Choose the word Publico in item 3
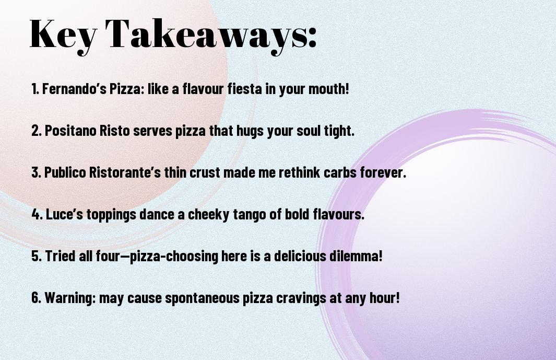tap(65, 172)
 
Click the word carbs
tap(340, 172)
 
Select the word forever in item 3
tap(382, 172)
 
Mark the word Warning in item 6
tap(69, 298)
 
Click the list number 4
tap(36, 214)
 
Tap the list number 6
tap(36, 298)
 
